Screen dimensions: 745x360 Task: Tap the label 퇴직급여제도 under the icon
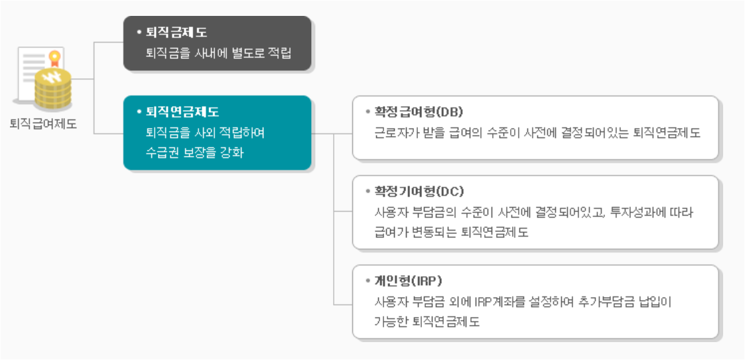[x=44, y=124]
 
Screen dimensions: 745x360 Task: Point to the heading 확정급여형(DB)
[x=419, y=111]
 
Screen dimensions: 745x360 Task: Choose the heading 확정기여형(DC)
[x=419, y=192]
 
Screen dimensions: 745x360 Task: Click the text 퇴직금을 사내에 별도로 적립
[x=218, y=53]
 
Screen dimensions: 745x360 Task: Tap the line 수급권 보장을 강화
[x=194, y=152]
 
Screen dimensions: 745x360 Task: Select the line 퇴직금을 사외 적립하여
[x=205, y=133]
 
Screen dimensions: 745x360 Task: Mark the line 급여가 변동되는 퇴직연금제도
[x=451, y=233]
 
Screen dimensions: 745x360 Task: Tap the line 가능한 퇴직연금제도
[x=427, y=322]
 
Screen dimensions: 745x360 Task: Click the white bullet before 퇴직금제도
[x=139, y=32]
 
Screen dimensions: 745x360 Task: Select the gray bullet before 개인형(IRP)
[x=368, y=280]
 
